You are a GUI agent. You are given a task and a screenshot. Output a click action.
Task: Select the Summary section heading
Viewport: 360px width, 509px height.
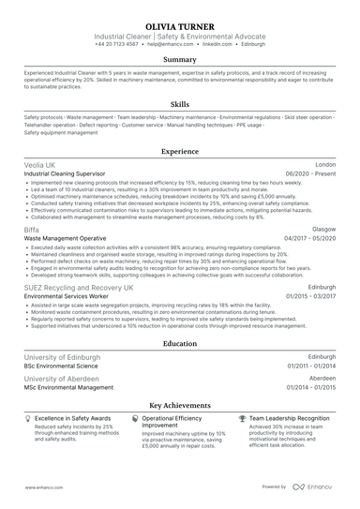pyautogui.click(x=180, y=59)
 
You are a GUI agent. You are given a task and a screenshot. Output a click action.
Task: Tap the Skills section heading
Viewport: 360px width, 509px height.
pyautogui.click(x=180, y=105)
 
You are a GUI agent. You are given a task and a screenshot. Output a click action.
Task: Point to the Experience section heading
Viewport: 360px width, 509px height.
pyautogui.click(x=180, y=151)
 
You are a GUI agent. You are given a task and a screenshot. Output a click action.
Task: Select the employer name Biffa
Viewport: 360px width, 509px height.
pyautogui.click(x=32, y=229)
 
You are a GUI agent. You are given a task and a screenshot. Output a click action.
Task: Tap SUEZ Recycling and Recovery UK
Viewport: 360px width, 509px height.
pyautogui.click(x=79, y=288)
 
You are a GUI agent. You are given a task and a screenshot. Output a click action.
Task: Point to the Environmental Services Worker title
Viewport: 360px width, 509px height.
pyautogui.click(x=69, y=297)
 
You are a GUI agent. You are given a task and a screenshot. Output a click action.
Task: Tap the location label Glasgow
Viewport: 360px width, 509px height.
pyautogui.click(x=322, y=229)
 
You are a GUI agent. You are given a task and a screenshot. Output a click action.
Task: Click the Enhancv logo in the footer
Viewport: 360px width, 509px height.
pyautogui.click(x=314, y=487)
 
